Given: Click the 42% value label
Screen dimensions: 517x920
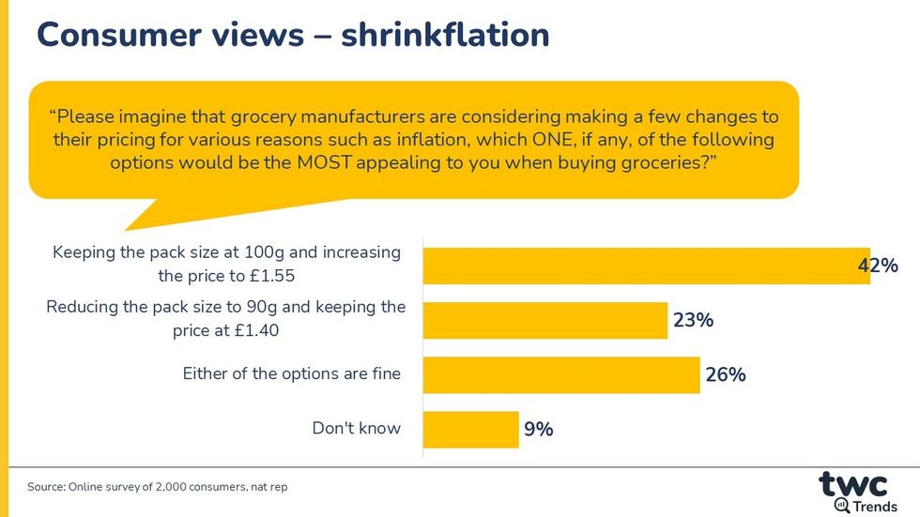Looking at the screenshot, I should click(x=878, y=266).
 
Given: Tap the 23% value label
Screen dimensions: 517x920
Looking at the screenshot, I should click(x=693, y=320).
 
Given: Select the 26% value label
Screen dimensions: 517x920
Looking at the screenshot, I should click(x=725, y=374).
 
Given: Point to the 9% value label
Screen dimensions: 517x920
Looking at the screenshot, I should click(x=538, y=430).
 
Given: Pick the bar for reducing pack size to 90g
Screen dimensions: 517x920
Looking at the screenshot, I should click(x=545, y=320).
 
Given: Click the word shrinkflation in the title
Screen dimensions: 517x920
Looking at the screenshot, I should click(x=445, y=35).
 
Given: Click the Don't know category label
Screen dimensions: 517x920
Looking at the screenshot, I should click(x=357, y=429).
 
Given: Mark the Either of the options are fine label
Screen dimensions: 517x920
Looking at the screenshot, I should click(x=291, y=374).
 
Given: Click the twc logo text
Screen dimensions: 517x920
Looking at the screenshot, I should click(x=852, y=484).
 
